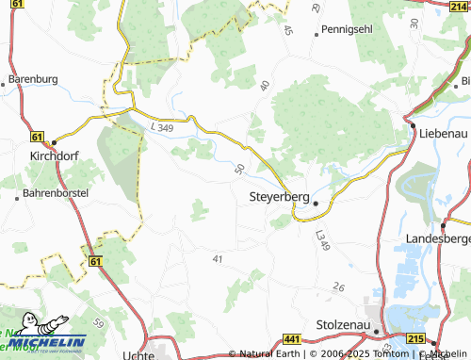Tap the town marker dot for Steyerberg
[316, 203]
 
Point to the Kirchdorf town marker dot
[53, 137]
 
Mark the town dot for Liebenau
[413, 124]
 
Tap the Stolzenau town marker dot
[376, 331]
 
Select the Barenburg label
[33, 78]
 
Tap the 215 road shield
[415, 338]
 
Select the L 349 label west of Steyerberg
[162, 126]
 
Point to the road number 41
[219, 258]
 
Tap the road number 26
[339, 287]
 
